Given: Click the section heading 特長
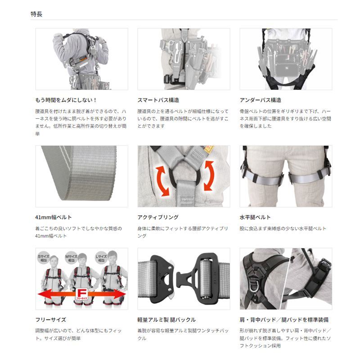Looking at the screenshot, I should point(36,14).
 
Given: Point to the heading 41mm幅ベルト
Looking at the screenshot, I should point(53,217).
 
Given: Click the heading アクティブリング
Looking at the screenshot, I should point(157,217).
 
